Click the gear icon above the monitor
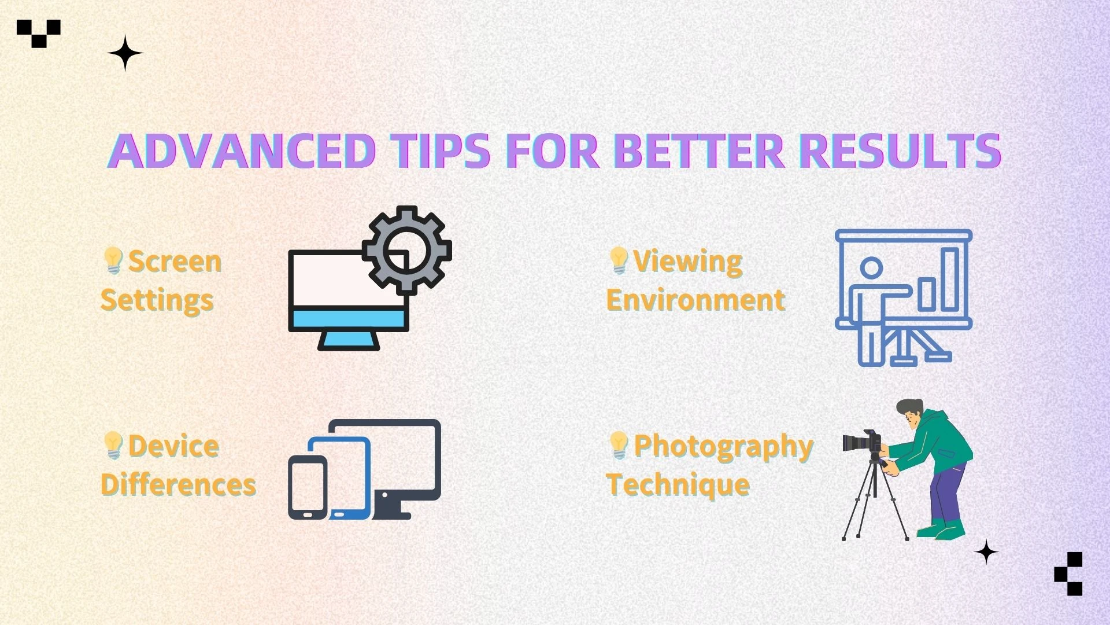[x=407, y=249]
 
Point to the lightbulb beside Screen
[x=113, y=260]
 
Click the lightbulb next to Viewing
[x=619, y=260]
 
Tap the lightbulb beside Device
[x=113, y=445]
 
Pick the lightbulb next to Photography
[x=619, y=445]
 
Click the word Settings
[x=157, y=300]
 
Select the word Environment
[x=695, y=300]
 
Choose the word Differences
[x=178, y=484]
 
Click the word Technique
[x=678, y=484]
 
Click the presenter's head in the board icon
[x=871, y=268]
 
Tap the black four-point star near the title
[x=125, y=53]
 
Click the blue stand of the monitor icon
[x=349, y=340]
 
